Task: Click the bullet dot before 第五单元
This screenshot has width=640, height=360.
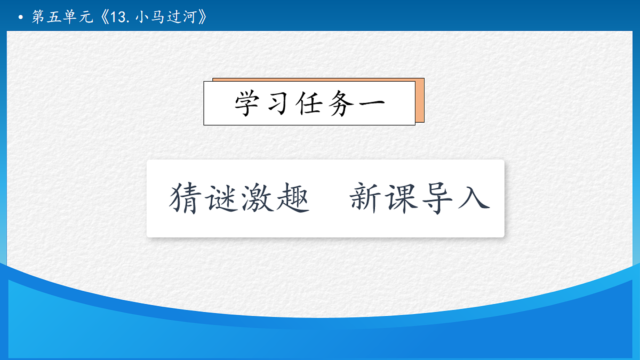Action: (21, 18)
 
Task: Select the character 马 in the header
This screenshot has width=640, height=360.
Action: (157, 18)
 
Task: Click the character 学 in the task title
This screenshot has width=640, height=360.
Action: (248, 103)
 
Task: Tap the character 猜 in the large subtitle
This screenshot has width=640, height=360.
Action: (184, 198)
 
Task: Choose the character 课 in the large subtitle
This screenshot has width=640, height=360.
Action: (402, 198)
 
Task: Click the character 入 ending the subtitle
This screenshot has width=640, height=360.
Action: (474, 198)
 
